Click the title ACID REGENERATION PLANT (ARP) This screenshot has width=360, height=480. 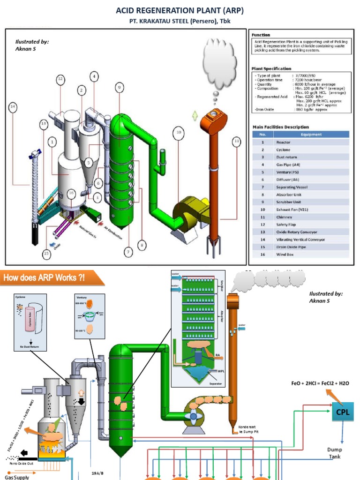[x=180, y=10]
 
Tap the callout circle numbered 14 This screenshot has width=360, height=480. [x=13, y=107]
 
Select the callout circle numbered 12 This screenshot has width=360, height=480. [x=60, y=79]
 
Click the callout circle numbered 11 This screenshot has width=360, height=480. [x=237, y=140]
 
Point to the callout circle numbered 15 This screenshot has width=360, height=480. [x=46, y=254]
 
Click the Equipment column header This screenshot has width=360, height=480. [x=311, y=135]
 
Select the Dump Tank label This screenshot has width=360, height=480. [x=334, y=453]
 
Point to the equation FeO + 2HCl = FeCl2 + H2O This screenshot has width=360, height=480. [x=320, y=383]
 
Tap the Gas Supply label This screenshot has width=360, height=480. [x=17, y=477]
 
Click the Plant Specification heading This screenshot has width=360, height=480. [x=271, y=68]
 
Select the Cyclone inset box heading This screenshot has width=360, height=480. [x=21, y=297]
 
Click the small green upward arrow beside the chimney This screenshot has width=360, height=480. [x=195, y=116]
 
